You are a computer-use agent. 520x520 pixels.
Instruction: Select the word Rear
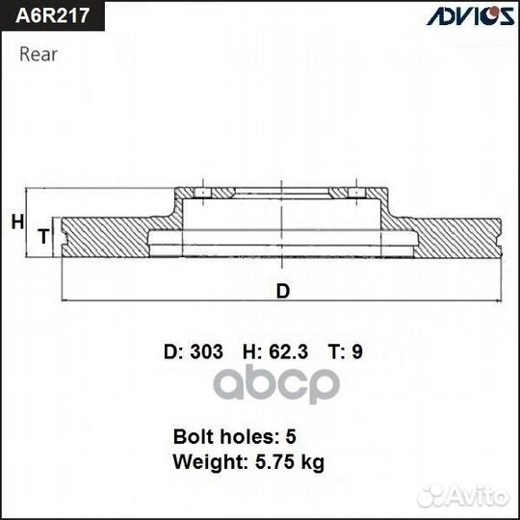(39, 54)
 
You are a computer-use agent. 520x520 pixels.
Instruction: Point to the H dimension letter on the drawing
(16, 222)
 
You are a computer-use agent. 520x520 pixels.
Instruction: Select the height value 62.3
(288, 351)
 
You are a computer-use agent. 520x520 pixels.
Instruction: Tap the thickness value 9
(358, 351)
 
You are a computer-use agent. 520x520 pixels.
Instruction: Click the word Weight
(204, 462)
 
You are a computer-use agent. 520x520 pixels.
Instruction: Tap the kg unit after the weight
(312, 463)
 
